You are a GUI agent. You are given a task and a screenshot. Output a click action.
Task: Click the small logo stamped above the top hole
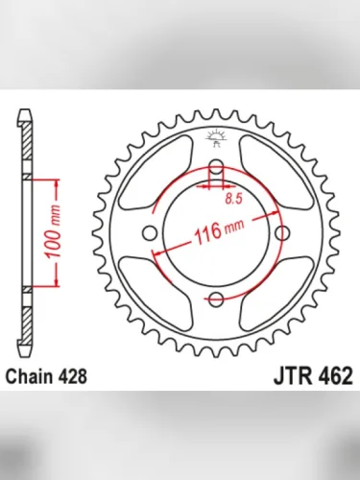215,141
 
